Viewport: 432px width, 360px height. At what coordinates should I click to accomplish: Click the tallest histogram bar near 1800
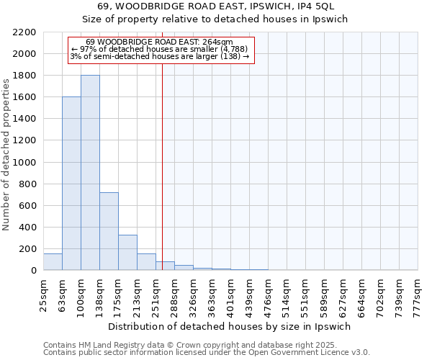tap(90, 173)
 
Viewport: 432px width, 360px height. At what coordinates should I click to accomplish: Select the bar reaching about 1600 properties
tap(71, 184)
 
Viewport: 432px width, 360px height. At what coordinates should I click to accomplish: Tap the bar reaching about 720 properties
tap(109, 231)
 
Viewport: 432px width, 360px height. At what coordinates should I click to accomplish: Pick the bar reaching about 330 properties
tap(127, 252)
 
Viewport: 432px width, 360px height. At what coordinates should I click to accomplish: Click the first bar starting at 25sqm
tap(53, 262)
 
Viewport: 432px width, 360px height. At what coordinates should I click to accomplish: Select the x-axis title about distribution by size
tap(234, 326)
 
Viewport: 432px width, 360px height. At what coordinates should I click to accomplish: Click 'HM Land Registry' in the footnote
tap(107, 346)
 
